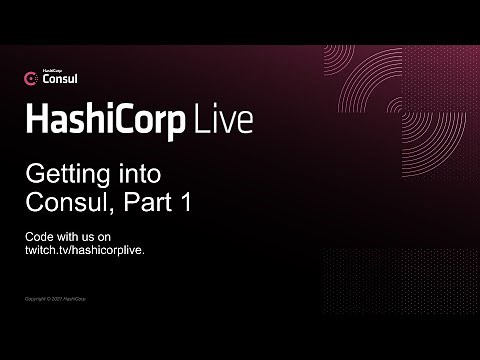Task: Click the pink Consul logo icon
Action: pos(31,77)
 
